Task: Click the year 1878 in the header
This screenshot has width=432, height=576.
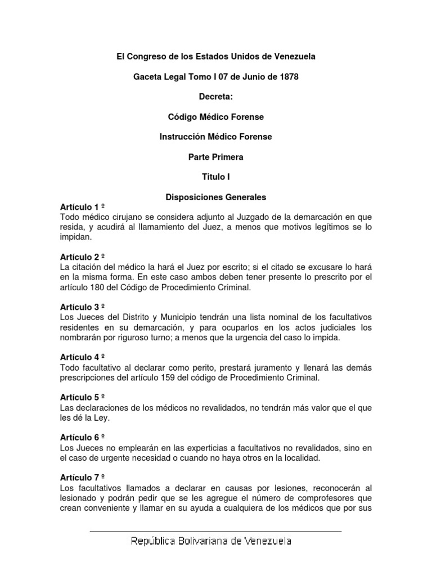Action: click(x=287, y=76)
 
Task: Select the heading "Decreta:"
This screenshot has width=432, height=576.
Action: click(x=216, y=97)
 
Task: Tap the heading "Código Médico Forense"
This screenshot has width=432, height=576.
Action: click(x=216, y=117)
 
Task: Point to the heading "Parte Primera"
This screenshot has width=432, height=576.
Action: click(x=216, y=157)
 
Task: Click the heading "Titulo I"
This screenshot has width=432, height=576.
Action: click(x=216, y=177)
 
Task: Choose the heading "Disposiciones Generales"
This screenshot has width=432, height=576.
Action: click(x=216, y=197)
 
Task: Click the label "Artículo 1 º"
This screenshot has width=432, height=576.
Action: click(x=82, y=207)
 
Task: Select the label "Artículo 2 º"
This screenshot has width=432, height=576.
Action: click(x=82, y=257)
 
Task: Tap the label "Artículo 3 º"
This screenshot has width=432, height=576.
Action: click(x=82, y=307)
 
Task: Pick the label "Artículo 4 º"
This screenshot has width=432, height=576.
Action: click(x=82, y=357)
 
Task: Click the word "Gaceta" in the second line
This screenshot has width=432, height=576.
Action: click(x=146, y=76)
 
